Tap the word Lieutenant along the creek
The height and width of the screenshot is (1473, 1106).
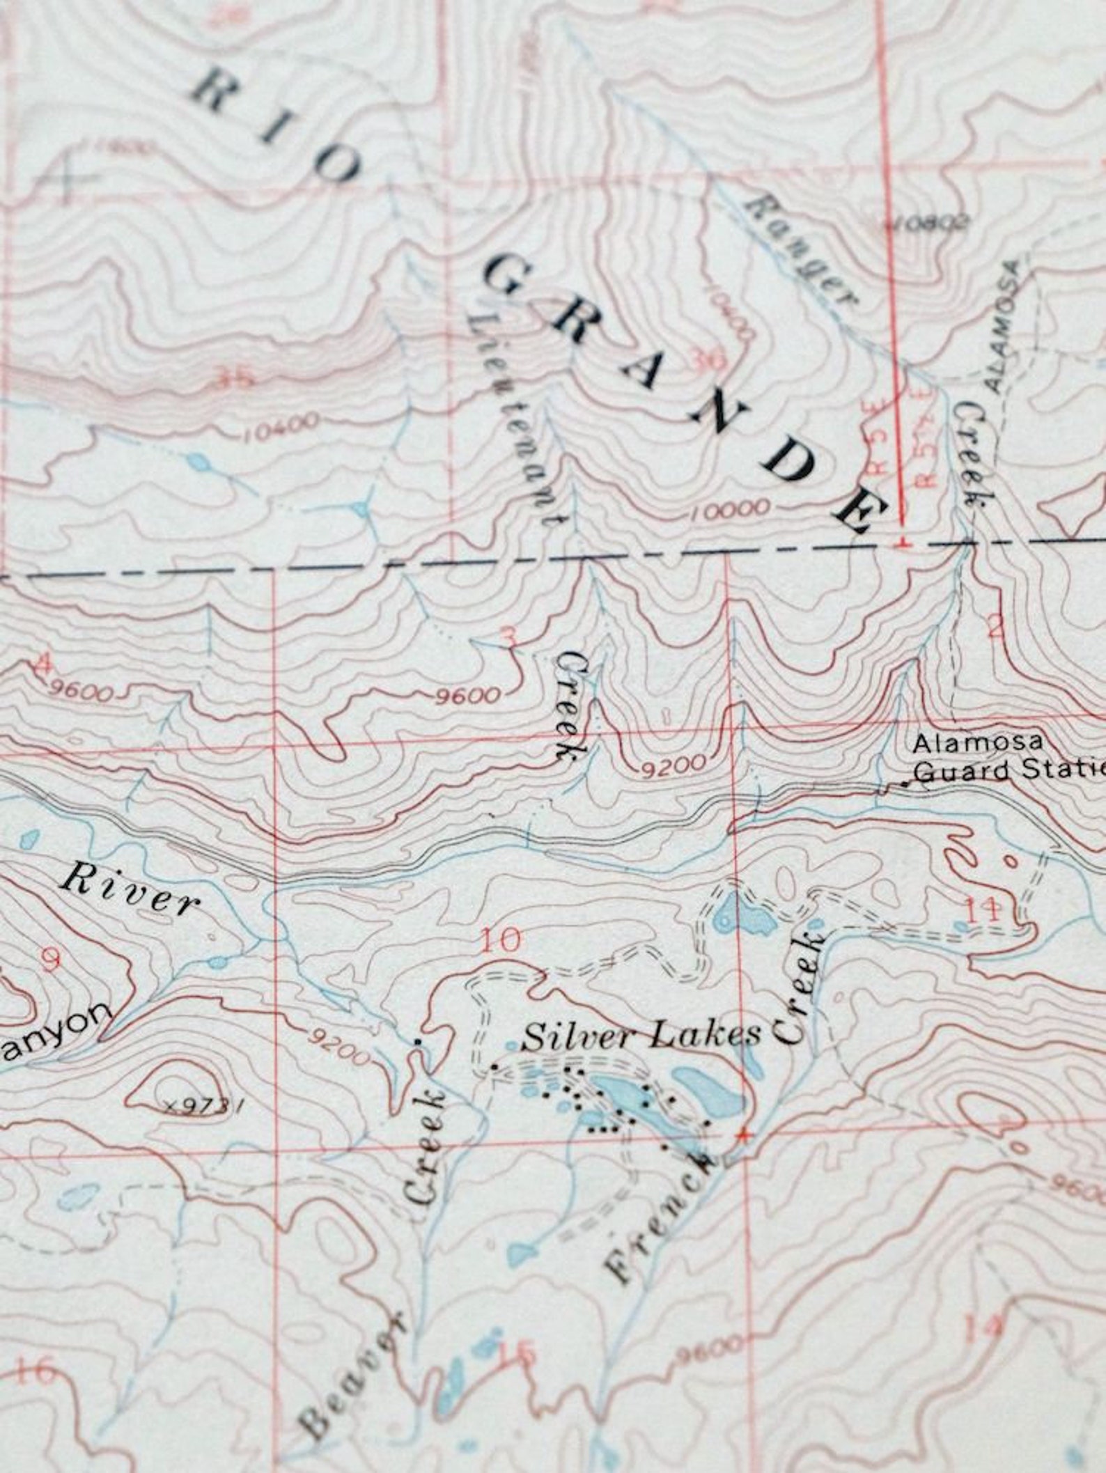click(x=515, y=419)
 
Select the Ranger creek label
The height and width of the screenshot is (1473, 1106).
click(x=801, y=251)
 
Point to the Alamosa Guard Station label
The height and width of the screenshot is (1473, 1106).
click(x=1003, y=757)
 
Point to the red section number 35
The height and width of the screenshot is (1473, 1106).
click(x=234, y=380)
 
